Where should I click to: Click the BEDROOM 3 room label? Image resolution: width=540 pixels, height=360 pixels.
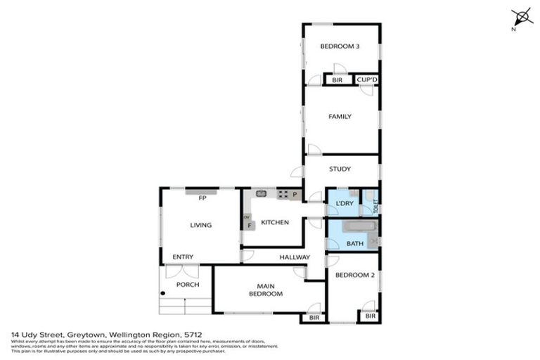pos(340,47)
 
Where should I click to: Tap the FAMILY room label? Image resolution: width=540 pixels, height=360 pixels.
pos(340,117)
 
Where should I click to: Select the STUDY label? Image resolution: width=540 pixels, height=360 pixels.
pos(340,169)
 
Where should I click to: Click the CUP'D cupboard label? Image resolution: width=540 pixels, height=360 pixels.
pos(367,81)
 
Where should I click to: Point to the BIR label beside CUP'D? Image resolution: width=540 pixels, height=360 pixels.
pos(337,81)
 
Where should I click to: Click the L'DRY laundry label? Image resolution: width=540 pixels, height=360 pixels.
pos(344,204)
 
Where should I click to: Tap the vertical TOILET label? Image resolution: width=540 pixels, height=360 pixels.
pos(375,205)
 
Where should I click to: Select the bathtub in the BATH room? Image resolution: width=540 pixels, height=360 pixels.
pos(359,229)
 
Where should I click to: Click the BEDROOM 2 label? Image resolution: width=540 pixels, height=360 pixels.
pos(354,276)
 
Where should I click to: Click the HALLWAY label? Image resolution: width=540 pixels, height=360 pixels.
pos(294,257)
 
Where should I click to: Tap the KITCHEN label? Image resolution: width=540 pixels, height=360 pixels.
pos(275,222)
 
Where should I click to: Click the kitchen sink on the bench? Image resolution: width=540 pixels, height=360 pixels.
pos(261,193)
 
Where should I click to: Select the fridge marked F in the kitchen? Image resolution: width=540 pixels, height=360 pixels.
pos(249,226)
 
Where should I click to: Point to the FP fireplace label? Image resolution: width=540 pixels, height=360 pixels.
pos(201,198)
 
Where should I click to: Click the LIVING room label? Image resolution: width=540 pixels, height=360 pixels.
pos(200,225)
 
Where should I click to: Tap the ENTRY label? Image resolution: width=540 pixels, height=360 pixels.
pos(182,257)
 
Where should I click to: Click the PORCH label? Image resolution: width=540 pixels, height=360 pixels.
pos(188,285)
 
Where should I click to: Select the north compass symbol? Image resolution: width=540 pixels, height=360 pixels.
pos(521,18)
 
